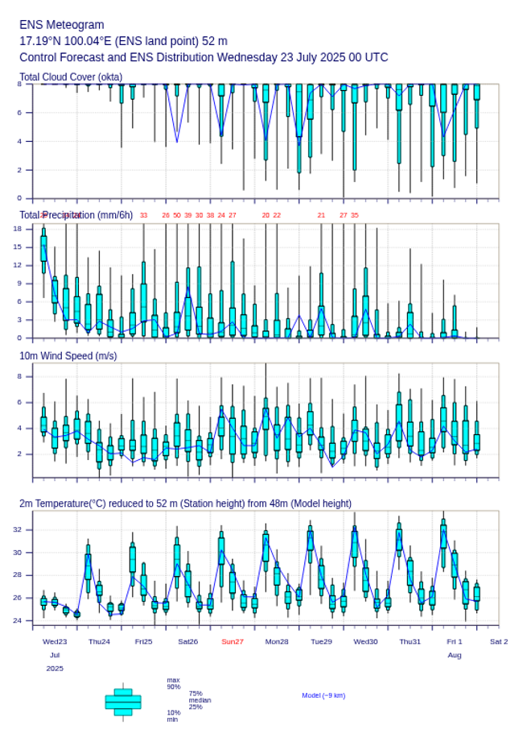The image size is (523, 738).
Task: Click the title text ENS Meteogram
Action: click(61, 25)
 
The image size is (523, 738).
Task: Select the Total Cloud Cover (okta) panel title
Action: click(71, 77)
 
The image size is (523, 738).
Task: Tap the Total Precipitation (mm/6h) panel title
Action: click(76, 214)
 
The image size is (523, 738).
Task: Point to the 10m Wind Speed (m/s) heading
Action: click(68, 355)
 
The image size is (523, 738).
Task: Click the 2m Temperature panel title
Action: click(185, 504)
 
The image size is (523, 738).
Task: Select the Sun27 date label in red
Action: click(233, 641)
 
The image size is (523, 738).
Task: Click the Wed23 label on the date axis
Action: click(55, 641)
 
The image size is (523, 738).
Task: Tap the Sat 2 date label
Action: click(499, 641)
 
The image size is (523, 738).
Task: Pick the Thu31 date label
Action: click(410, 641)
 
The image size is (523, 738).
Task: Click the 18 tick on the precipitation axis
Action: click(17, 229)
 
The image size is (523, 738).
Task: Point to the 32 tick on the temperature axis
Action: click(17, 529)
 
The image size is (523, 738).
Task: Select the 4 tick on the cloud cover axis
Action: click(19, 141)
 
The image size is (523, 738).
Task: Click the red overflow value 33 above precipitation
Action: click(144, 215)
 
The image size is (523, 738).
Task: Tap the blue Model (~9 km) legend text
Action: click(323, 695)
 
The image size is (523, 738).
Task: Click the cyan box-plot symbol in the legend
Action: click(123, 702)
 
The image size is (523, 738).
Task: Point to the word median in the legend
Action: click(200, 700)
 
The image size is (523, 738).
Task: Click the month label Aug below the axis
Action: click(455, 655)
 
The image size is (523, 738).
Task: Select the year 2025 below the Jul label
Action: click(55, 669)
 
